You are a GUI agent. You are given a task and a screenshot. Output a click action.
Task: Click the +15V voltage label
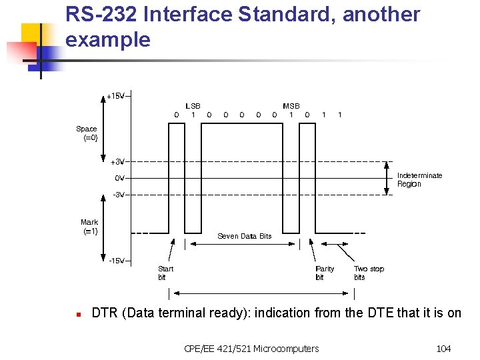(x=115, y=96)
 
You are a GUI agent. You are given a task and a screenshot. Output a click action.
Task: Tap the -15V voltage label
(x=117, y=261)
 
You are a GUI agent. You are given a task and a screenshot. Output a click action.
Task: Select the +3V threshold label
(x=117, y=161)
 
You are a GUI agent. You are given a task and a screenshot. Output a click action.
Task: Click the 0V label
(x=119, y=178)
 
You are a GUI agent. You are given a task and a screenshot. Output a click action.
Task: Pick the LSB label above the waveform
(x=193, y=106)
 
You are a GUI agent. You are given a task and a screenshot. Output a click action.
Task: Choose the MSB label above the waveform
(x=291, y=106)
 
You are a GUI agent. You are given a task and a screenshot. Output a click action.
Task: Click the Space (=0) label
(x=87, y=133)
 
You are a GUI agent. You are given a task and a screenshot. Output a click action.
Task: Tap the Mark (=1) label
(x=89, y=227)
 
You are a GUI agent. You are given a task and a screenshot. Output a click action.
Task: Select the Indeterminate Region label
(x=419, y=179)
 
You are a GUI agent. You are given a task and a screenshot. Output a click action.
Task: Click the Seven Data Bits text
(x=245, y=236)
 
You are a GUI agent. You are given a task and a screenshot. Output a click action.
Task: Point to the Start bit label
(x=165, y=273)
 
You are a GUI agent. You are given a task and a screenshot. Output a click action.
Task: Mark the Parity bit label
(x=325, y=273)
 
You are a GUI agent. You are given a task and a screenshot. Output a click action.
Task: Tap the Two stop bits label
(x=369, y=273)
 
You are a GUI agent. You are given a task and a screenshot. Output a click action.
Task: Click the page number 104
(x=443, y=348)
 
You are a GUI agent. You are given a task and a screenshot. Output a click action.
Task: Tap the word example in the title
(x=108, y=39)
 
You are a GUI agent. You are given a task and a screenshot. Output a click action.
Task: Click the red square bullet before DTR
(x=79, y=313)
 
